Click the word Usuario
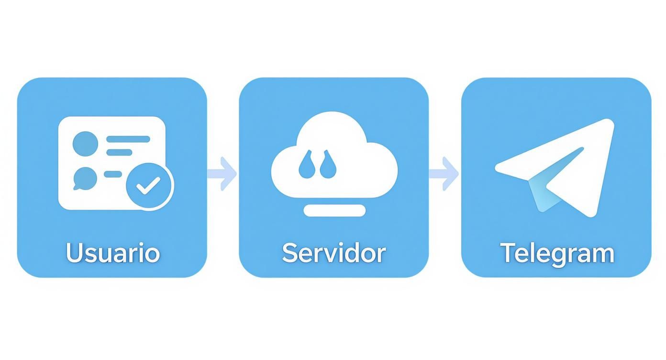(x=113, y=253)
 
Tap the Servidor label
(x=334, y=253)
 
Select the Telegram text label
(x=557, y=254)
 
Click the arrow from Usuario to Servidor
(x=222, y=174)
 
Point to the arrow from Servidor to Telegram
(x=444, y=174)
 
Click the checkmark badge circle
(x=150, y=187)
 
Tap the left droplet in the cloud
(x=306, y=165)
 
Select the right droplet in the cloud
(x=328, y=165)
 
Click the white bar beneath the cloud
(x=334, y=210)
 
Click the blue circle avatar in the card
(x=85, y=144)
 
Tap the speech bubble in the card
(x=85, y=179)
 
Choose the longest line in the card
(x=128, y=139)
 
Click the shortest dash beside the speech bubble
(x=113, y=174)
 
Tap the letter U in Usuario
(x=73, y=253)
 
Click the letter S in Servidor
(x=289, y=253)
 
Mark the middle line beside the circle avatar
(x=119, y=152)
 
